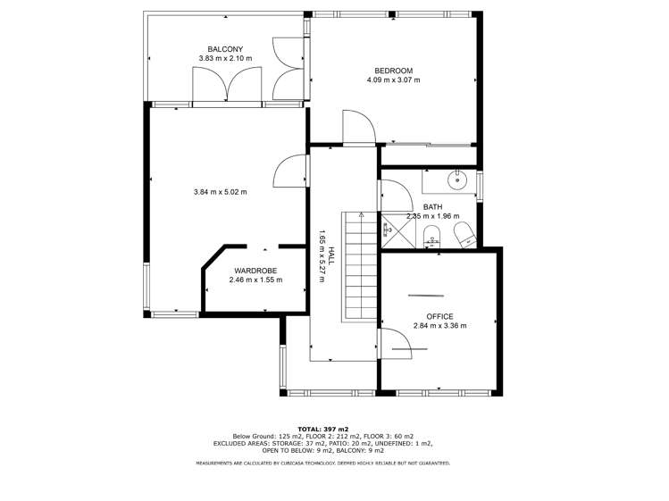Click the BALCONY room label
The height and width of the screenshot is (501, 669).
(x=225, y=49)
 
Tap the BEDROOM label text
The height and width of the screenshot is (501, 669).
(x=393, y=71)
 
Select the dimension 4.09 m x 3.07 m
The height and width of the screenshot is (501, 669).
(x=393, y=80)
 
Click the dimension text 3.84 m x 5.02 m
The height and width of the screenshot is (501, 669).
(x=220, y=192)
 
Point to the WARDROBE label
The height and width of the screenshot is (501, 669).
(x=255, y=270)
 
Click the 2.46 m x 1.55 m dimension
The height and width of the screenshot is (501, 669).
(x=255, y=280)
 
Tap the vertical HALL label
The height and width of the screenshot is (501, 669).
(x=330, y=255)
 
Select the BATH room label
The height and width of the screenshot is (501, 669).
(x=432, y=207)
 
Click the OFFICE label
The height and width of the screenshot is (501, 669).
(x=439, y=316)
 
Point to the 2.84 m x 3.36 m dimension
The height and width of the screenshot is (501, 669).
(x=439, y=326)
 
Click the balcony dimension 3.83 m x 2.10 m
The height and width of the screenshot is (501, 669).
(x=225, y=59)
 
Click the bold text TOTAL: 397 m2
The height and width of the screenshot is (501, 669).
(x=323, y=429)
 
